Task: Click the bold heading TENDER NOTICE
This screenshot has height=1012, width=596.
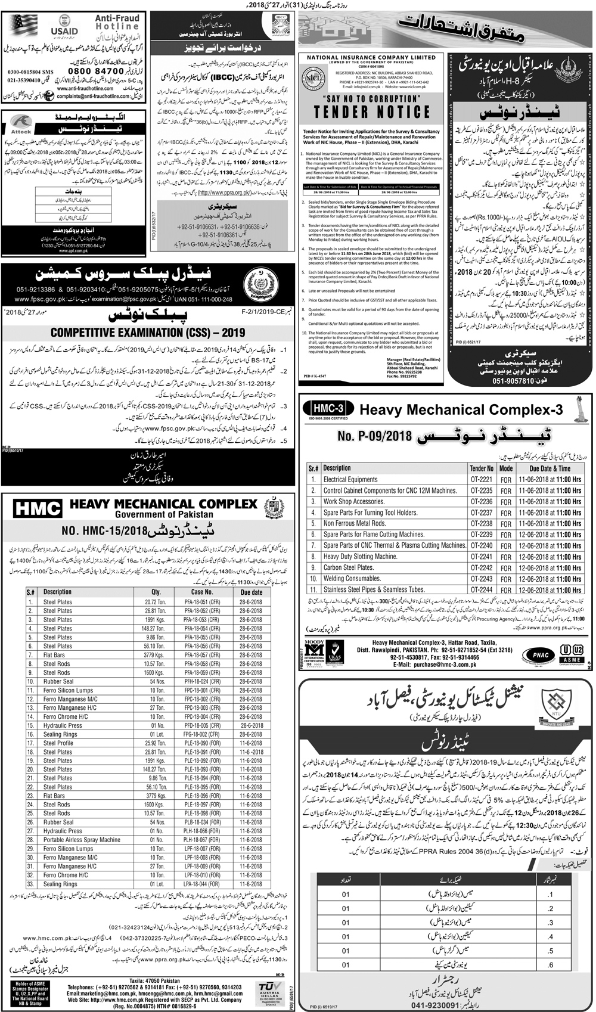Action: (x=372, y=112)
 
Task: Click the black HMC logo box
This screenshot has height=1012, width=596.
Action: (x=38, y=508)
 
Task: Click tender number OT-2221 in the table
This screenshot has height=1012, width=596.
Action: (x=481, y=479)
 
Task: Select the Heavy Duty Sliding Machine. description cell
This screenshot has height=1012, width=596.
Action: (x=360, y=557)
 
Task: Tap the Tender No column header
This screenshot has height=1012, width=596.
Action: (x=481, y=468)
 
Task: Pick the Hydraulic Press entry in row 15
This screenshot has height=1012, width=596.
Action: (x=63, y=725)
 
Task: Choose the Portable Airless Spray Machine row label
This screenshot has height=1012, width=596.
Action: (x=82, y=840)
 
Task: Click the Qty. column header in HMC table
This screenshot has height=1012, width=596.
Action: (x=156, y=592)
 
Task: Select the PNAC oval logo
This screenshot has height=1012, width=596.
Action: (x=536, y=654)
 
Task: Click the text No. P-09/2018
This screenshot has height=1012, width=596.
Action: (x=375, y=436)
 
